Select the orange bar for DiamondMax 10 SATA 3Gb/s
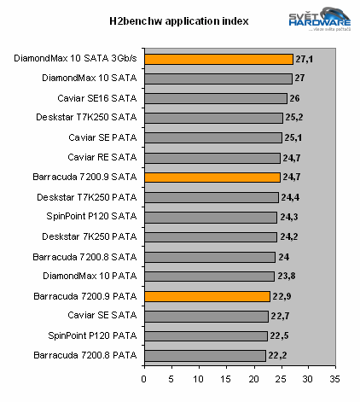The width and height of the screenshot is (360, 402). [218, 59]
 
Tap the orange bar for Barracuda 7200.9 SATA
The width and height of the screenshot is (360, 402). [212, 178]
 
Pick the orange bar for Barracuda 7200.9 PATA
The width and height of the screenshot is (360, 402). [207, 296]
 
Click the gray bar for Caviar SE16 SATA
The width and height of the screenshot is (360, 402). [216, 98]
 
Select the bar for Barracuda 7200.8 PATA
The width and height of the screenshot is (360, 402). [206, 355]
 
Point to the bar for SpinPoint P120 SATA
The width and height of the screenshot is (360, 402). [212, 217]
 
